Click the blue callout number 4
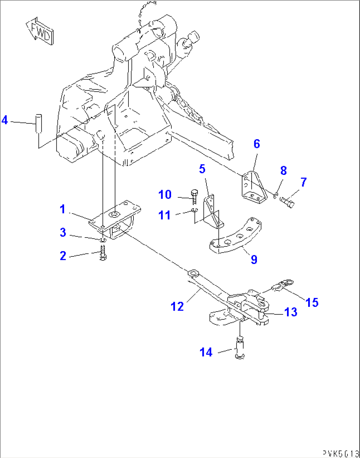[x=5, y=120]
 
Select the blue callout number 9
[x=254, y=260]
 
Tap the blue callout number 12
[x=177, y=307]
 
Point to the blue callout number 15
[x=312, y=302]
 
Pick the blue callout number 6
[x=257, y=144]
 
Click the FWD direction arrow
[x=40, y=31]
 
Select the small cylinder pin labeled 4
[x=39, y=123]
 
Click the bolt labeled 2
[x=102, y=253]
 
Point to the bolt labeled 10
[x=194, y=196]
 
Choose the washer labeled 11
[x=195, y=210]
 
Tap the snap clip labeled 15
[x=283, y=285]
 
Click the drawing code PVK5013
[x=341, y=453]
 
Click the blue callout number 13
[x=291, y=312]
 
